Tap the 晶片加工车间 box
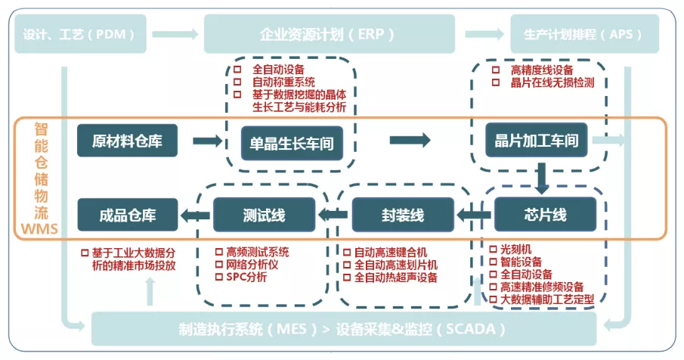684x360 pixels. coord(536,141)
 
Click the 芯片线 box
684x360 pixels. coord(540,215)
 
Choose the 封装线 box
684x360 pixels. coord(403,215)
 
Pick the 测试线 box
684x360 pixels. coord(264,215)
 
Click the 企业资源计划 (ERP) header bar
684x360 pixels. coord(329,34)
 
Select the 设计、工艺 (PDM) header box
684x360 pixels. coord(79,34)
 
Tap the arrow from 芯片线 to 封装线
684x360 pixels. coord(474,216)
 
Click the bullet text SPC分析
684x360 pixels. coord(246,277)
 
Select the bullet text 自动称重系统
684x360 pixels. coord(283,82)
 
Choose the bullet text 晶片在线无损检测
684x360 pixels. coord(552,82)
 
